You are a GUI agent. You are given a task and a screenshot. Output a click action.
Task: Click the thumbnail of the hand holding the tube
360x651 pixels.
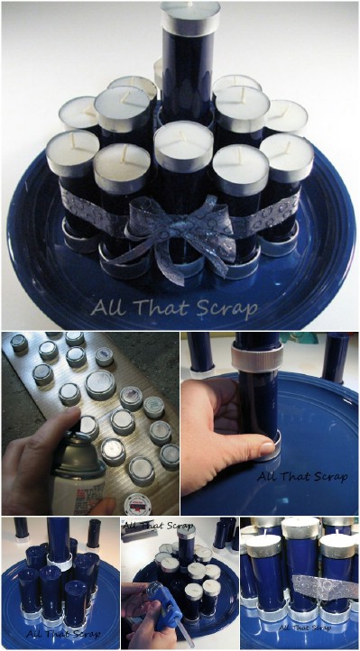pos(270,423)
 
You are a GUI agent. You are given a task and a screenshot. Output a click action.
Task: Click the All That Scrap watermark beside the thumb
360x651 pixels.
pos(302,476)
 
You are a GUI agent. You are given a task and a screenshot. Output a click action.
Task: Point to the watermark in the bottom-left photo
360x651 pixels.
pos(62,634)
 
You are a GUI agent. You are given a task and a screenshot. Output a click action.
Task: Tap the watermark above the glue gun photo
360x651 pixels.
pos(158,526)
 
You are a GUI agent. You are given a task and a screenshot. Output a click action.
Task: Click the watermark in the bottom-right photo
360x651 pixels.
pos(305,628)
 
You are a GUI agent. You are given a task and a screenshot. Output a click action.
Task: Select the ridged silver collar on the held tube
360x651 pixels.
pos(257,357)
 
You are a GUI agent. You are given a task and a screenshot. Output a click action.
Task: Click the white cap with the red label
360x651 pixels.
pos(137,504)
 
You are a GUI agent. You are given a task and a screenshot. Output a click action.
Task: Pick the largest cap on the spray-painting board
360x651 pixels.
pos(100,384)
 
